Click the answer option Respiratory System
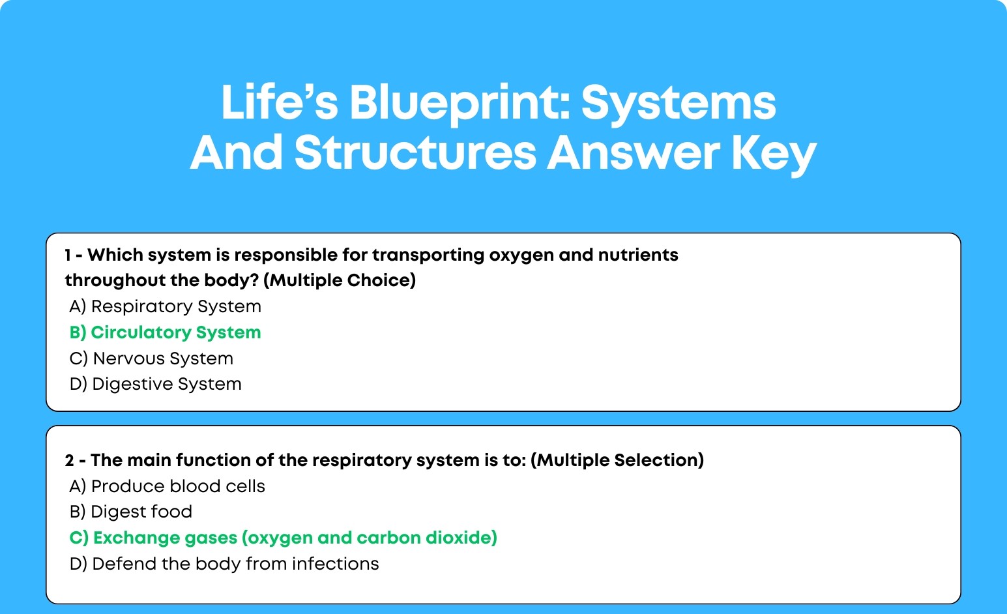click(x=166, y=306)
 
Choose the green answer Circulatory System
click(x=166, y=332)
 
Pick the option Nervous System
click(x=151, y=358)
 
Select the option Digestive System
click(x=156, y=384)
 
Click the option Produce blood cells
click(x=168, y=486)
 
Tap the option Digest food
click(x=131, y=512)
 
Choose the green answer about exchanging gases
click(x=284, y=538)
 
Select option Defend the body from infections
click(x=224, y=564)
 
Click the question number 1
click(x=68, y=255)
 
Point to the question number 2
click(x=69, y=461)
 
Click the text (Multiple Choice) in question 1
click(x=340, y=280)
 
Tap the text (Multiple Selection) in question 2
click(x=617, y=460)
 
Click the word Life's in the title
click(x=280, y=103)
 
